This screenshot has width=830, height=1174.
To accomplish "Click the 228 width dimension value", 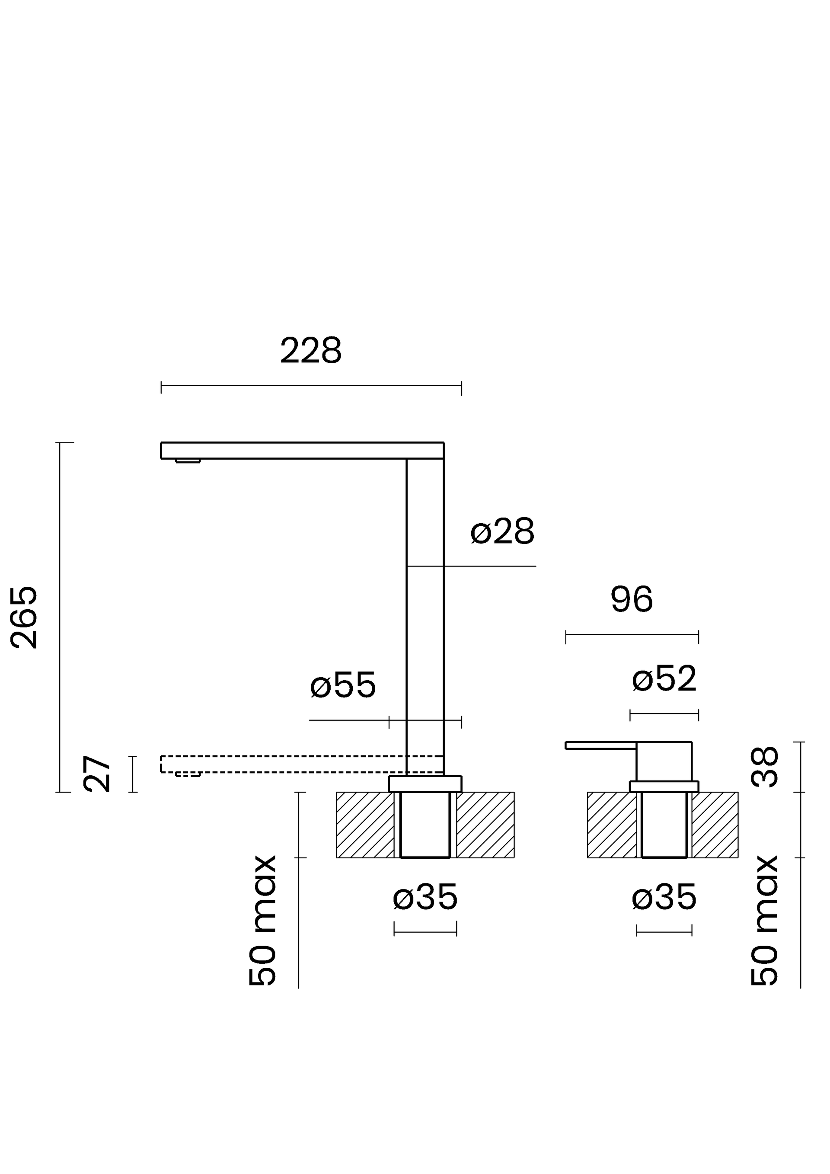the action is coord(311,351).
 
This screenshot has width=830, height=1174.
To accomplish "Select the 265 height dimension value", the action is coord(24,617).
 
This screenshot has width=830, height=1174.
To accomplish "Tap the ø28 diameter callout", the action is coord(502,531).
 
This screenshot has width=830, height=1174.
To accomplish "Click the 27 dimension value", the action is coord(97,774).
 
